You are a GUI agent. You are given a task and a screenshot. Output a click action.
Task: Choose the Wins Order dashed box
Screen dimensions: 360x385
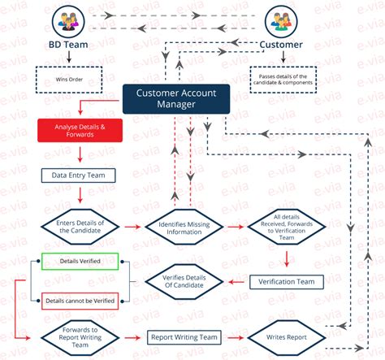71,80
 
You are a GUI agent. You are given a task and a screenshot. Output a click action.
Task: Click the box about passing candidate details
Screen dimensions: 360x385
281,80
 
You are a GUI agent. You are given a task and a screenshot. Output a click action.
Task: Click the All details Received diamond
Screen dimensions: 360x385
287,227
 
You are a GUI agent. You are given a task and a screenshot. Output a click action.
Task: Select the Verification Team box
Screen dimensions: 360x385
286,281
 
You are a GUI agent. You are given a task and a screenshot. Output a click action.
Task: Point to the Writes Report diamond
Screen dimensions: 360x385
286,336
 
